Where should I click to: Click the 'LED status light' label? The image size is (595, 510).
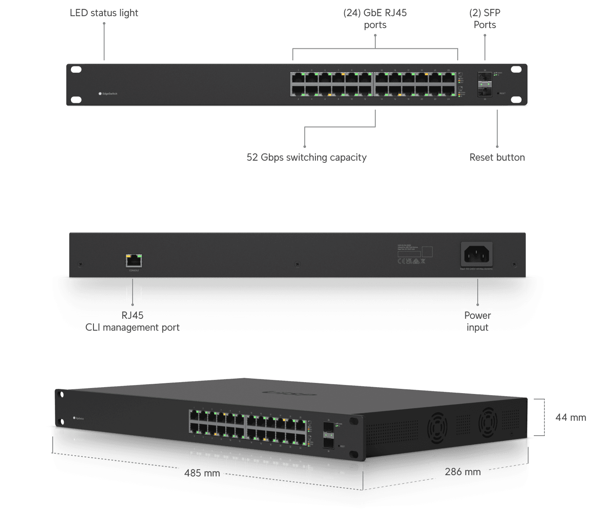104,13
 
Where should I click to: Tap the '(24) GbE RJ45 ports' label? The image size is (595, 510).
375,19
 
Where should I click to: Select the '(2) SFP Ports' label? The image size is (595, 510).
484,19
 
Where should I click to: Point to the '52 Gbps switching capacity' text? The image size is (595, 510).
306,157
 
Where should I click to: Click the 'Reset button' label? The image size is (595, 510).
497,157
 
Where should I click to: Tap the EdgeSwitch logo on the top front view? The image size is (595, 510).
108,93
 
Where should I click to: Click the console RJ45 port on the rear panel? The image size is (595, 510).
134,260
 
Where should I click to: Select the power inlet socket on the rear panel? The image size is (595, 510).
476,255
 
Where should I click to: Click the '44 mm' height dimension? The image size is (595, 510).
570,417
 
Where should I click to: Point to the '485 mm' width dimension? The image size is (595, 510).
202,473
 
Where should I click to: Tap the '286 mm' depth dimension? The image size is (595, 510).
462,472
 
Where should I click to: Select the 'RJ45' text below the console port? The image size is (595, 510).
132,315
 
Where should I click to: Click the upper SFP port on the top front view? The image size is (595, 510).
484,77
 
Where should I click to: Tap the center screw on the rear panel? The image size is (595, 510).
297,264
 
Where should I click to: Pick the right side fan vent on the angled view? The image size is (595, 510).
488,421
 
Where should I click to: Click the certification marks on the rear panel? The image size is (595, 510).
411,261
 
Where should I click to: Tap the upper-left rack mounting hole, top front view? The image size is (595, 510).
76,69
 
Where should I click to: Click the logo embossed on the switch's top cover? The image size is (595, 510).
289,393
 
